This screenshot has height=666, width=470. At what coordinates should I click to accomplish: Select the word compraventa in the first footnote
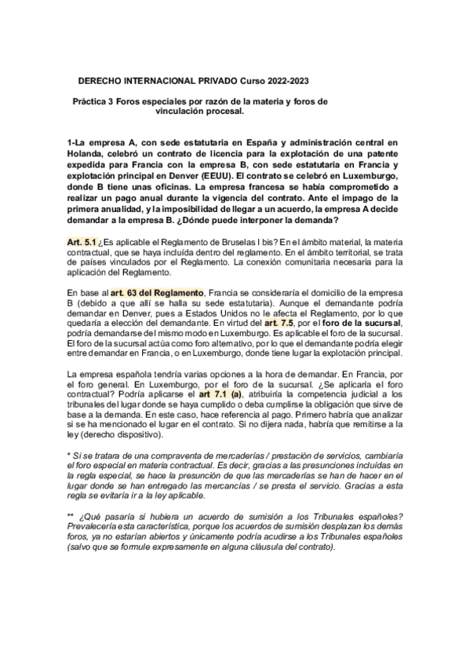159,456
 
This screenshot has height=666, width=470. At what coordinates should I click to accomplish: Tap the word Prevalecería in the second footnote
97,528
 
